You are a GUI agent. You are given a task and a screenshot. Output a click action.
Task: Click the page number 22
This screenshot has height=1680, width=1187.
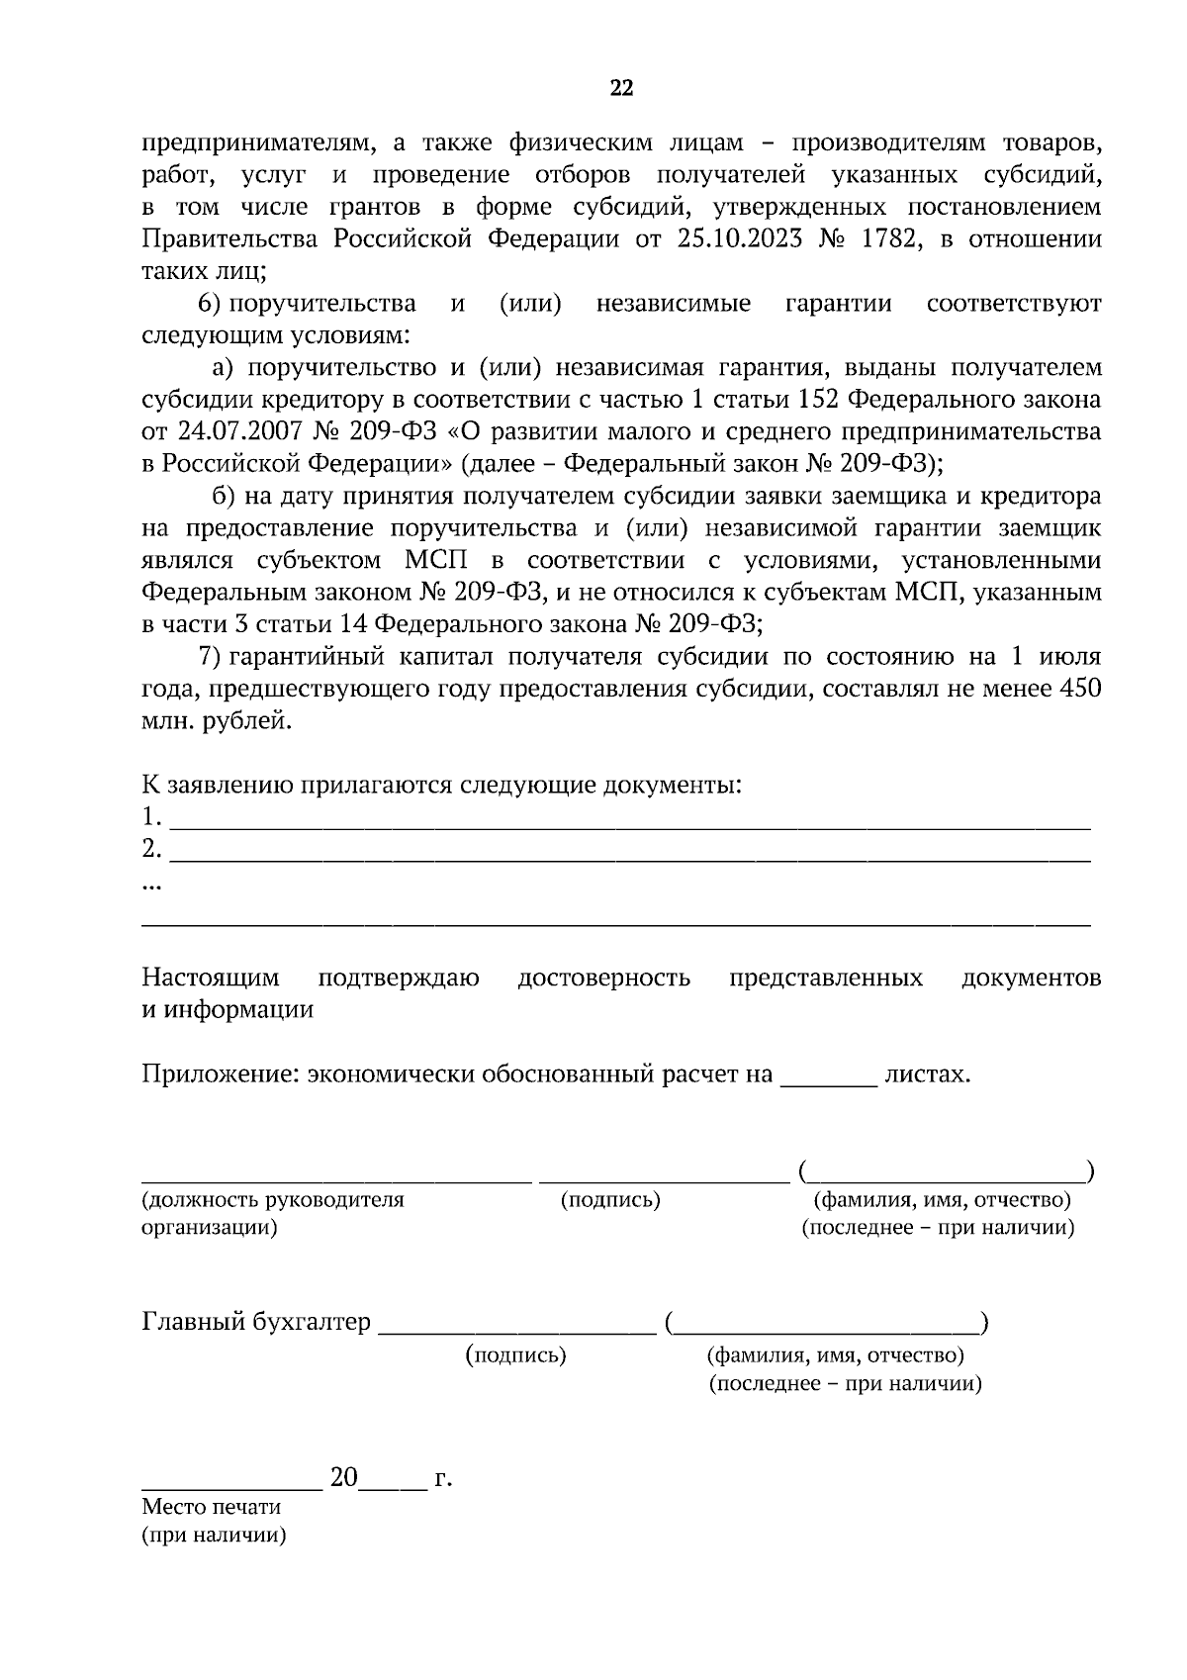620,89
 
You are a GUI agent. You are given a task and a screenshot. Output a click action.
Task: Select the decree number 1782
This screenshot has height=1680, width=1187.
893,239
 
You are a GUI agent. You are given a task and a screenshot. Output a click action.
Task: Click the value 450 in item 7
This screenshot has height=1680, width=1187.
1080,689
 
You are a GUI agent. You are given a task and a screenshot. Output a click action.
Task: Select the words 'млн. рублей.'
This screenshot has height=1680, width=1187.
218,721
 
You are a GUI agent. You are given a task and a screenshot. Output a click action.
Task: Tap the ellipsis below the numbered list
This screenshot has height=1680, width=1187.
152,887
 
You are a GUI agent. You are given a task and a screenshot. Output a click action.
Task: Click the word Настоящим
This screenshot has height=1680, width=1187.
211,979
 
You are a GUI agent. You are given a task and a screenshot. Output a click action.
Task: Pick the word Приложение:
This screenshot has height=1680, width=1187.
220,1074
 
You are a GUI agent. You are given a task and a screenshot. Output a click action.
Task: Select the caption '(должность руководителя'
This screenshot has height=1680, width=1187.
274,1200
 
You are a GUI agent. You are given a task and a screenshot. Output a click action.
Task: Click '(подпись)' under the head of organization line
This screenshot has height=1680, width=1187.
610,1200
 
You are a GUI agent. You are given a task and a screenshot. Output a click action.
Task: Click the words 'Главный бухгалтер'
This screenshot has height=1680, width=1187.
257,1322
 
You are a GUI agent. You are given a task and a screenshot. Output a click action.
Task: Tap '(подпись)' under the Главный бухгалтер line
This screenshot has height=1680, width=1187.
515,1355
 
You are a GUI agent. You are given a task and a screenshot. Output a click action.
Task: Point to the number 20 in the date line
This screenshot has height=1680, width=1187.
343,1478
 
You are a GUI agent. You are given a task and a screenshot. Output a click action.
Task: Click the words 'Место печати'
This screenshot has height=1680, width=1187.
212,1507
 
